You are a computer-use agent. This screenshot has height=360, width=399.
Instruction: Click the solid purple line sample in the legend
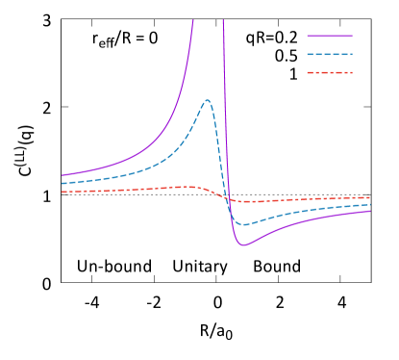(x=330, y=37)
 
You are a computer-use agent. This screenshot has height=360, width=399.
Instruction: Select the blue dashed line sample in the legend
(x=330, y=55)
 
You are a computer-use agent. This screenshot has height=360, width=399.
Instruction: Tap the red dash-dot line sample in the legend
(x=330, y=73)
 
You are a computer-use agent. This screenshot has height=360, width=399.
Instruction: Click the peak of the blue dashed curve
(x=207, y=99)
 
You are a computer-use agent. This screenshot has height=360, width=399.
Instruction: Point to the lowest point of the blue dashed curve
(x=245, y=224)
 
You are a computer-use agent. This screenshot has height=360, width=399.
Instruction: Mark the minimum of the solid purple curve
(x=244, y=245)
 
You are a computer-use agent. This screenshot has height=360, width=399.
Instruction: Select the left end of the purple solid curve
(x=62, y=175)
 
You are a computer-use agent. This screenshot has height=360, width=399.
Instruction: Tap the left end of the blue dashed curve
(x=62, y=183)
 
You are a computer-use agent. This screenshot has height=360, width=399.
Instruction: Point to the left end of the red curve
(x=62, y=192)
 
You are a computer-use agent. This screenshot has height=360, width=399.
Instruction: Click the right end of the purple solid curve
(x=371, y=211)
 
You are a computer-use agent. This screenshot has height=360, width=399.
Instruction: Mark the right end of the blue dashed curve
(x=371, y=204)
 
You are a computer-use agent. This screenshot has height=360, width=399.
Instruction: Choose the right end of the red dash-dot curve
(x=371, y=197)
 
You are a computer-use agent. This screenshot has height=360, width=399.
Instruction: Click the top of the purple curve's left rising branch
(x=193, y=20)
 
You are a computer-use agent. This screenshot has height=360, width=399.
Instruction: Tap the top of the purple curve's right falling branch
(x=223, y=20)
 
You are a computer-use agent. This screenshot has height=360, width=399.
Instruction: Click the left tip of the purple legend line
(x=308, y=37)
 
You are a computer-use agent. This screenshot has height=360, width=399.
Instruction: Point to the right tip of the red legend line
(x=353, y=73)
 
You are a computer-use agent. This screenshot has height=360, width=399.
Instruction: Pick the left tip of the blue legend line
(x=308, y=55)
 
